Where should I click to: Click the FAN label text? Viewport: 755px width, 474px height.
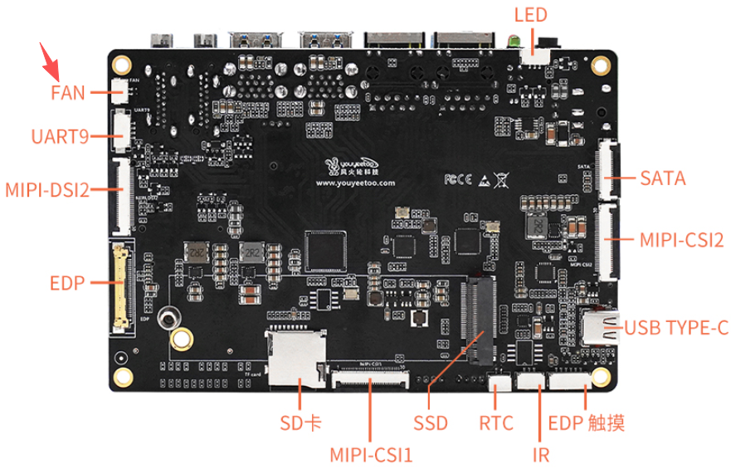(x=68, y=92)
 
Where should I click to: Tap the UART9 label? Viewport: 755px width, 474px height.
(x=59, y=136)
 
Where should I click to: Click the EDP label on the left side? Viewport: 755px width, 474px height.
(x=67, y=283)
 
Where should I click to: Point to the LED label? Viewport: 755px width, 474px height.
(x=531, y=15)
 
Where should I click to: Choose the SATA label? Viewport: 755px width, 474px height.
(x=662, y=178)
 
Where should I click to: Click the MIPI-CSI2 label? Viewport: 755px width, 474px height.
(x=681, y=240)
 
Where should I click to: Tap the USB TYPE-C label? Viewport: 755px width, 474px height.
(x=676, y=328)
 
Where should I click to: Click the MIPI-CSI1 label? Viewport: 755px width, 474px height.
(x=371, y=455)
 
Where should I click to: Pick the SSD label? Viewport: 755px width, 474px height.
(x=431, y=423)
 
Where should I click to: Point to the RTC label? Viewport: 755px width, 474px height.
(x=496, y=423)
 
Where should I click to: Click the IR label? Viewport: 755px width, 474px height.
(x=541, y=454)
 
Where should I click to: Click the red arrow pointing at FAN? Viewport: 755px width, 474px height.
(x=51, y=59)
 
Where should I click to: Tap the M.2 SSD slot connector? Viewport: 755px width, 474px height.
(x=480, y=320)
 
